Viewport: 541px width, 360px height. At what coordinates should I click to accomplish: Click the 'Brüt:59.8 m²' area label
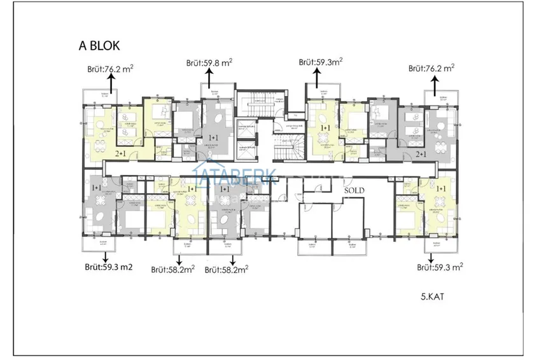209,62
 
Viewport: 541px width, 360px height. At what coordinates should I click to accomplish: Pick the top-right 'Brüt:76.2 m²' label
431,67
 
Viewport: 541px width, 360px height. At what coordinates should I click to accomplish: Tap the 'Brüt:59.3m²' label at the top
321,62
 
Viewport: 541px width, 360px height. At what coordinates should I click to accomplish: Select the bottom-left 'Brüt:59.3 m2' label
108,267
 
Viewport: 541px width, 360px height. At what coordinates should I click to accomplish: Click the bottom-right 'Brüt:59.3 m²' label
439,268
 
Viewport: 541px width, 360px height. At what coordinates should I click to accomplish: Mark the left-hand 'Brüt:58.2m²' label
172,269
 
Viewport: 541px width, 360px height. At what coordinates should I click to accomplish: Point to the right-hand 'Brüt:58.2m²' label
226,269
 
